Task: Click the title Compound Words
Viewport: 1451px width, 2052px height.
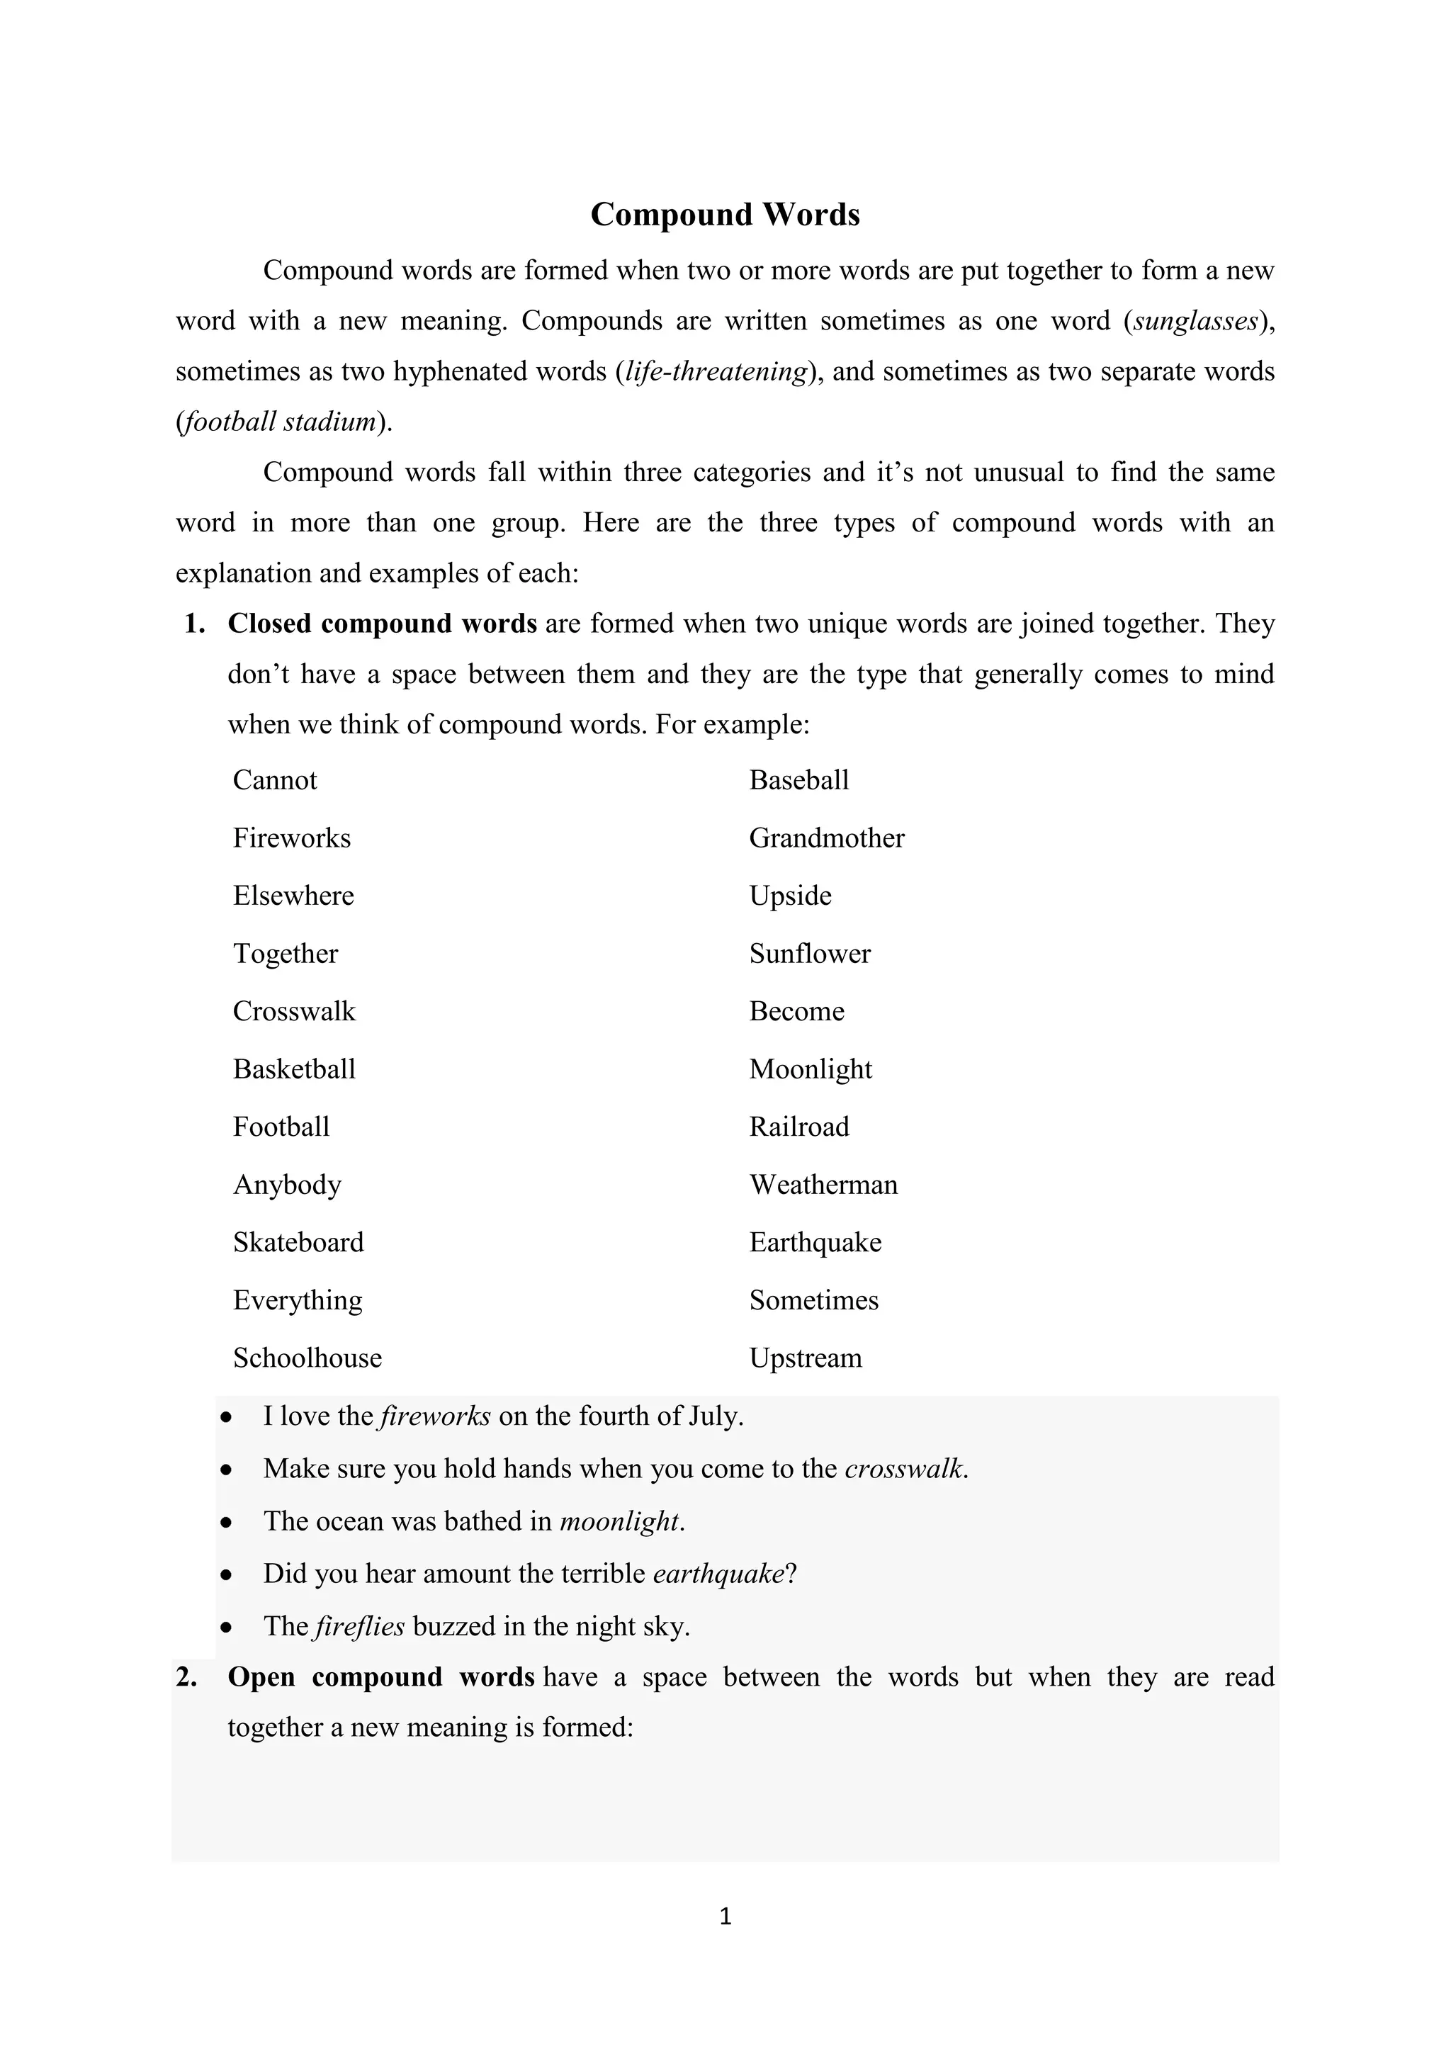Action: point(725,215)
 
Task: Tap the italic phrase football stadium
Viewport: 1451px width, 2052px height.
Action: point(278,422)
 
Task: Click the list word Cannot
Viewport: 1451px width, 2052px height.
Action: point(274,780)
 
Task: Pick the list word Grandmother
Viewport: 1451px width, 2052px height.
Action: point(827,838)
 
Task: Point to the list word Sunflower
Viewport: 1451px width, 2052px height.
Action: point(810,954)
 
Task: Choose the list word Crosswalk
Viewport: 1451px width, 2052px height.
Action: point(294,1012)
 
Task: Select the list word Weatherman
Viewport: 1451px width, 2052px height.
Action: point(823,1185)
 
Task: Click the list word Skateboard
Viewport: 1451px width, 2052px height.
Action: point(298,1242)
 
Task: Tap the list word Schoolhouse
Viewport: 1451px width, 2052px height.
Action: point(307,1358)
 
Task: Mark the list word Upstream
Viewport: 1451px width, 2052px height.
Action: point(805,1358)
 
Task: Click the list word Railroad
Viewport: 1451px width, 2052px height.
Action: point(798,1127)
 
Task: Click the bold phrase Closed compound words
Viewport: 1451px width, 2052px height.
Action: point(381,624)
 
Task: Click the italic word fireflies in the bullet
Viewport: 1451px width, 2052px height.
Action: point(360,1627)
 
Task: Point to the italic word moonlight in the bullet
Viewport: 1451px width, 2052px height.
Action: point(619,1521)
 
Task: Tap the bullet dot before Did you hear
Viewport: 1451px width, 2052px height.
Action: point(227,1574)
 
